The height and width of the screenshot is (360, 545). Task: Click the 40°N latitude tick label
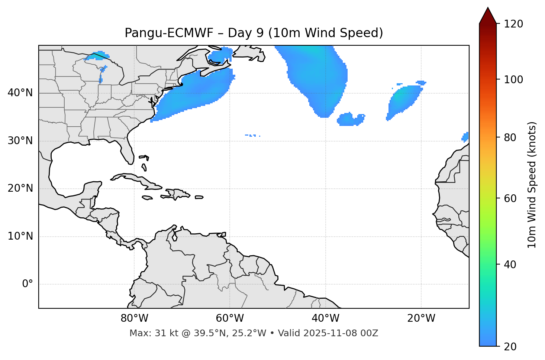click(20, 93)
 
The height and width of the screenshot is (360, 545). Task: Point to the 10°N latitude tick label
click(20, 236)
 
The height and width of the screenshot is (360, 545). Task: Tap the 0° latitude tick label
click(28, 284)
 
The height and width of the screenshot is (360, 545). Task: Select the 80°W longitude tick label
click(134, 318)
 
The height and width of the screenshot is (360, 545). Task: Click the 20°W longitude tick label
click(421, 318)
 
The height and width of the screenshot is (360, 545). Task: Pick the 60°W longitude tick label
click(230, 318)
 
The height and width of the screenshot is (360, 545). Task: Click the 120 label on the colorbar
click(513, 24)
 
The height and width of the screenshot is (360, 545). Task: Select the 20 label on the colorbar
click(510, 347)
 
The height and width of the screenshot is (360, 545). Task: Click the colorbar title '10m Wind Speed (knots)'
click(532, 185)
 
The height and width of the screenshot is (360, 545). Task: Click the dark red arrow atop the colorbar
click(488, 16)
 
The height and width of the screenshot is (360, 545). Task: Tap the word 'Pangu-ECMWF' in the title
click(169, 33)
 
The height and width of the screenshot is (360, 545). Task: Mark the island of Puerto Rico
click(199, 197)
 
